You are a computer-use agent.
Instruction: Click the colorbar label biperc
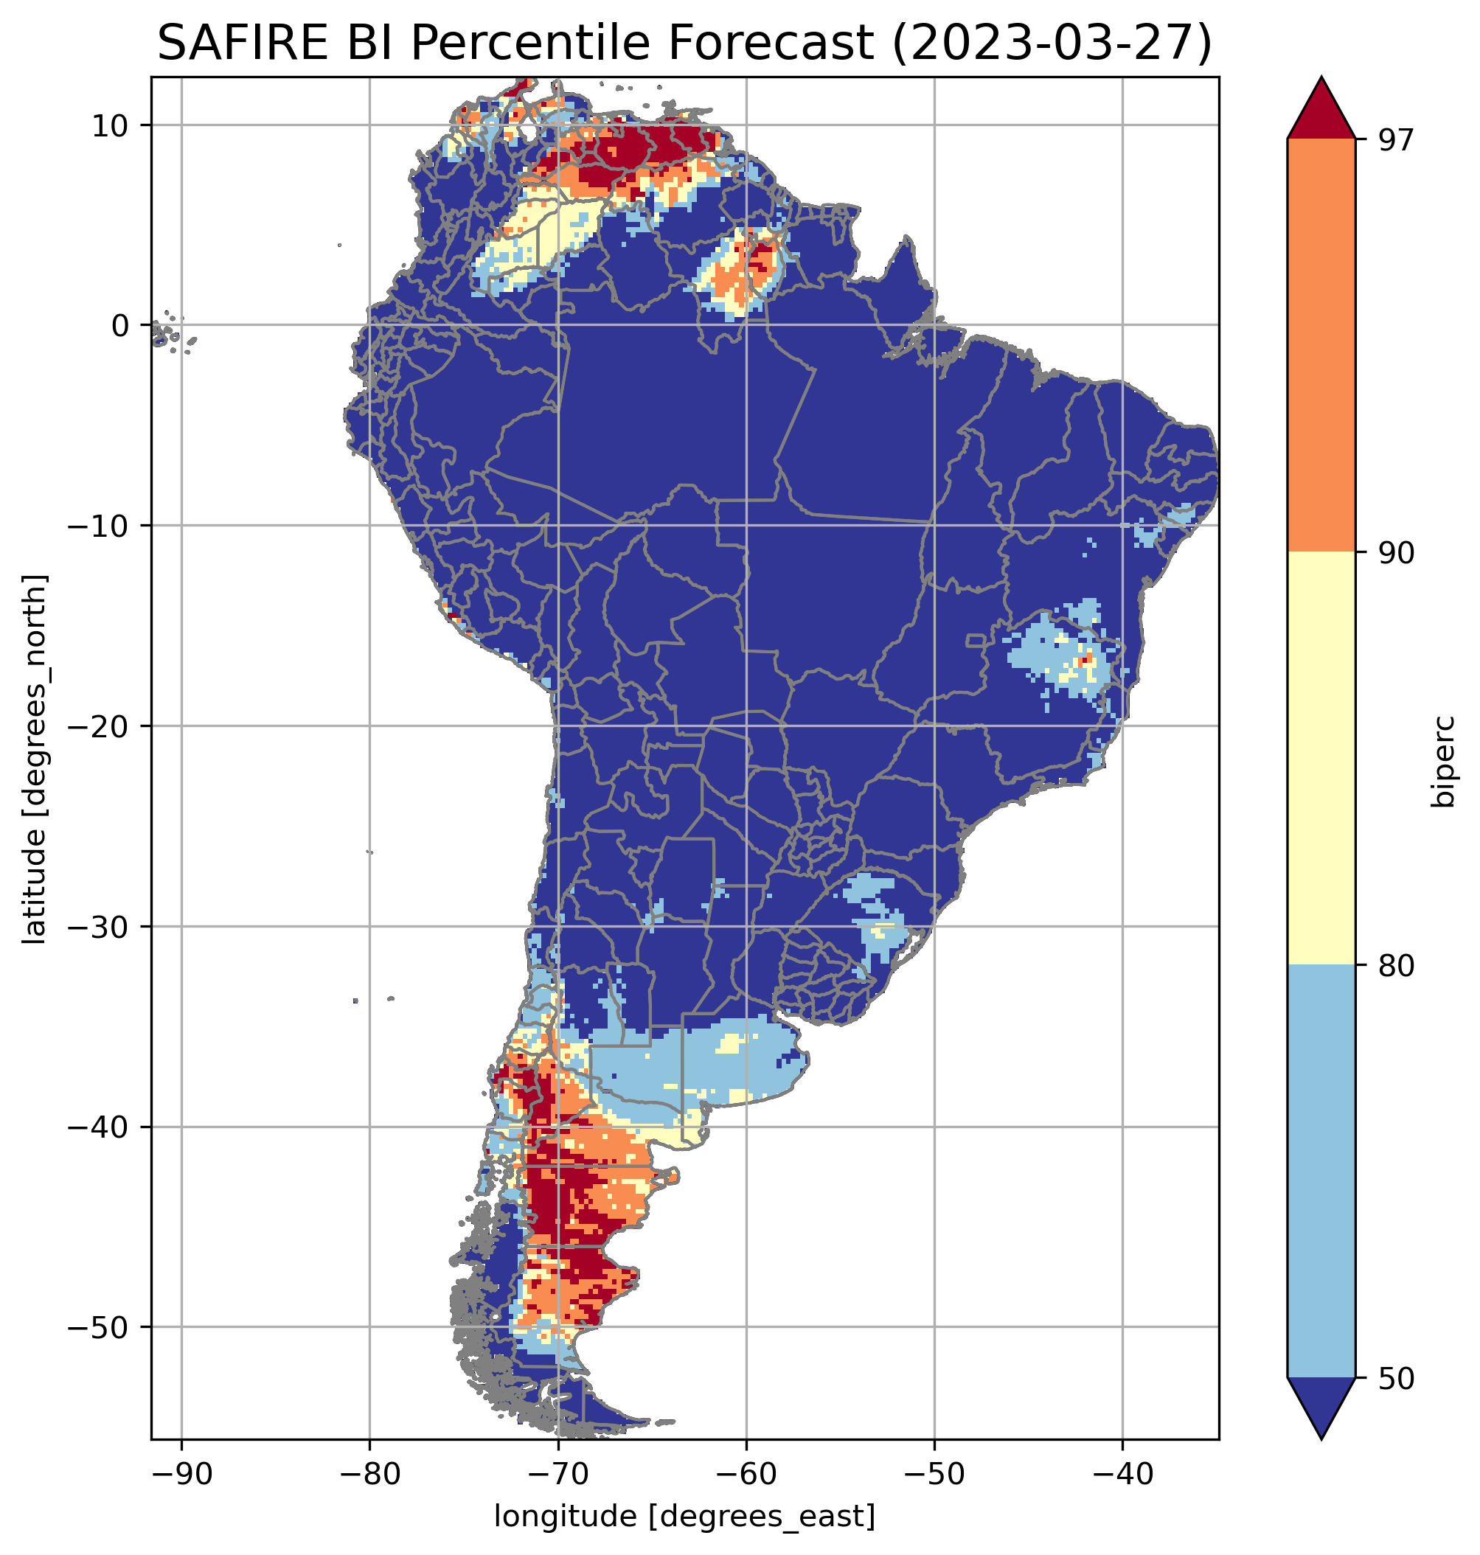pyautogui.click(x=1443, y=758)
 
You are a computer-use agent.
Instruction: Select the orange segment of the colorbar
pyautogui.click(x=1321, y=345)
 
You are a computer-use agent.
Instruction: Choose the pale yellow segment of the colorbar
pyautogui.click(x=1321, y=757)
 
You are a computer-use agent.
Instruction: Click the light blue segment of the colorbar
pyautogui.click(x=1321, y=1172)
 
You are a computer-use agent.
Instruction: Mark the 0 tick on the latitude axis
pyautogui.click(x=120, y=325)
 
